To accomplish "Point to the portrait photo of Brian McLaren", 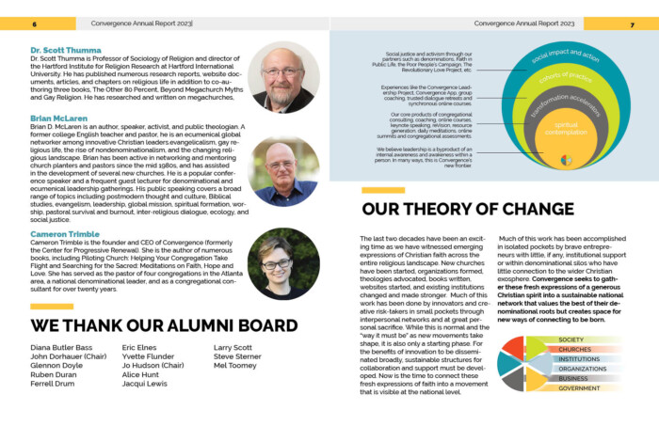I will pyautogui.click(x=284, y=171).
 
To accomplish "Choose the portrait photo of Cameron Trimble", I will pyautogui.click(x=284, y=262).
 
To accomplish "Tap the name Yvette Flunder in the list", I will pyautogui.click(x=148, y=357).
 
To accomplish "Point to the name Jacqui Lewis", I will pyautogui.click(x=144, y=385).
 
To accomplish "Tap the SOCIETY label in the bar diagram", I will pyautogui.click(x=571, y=339).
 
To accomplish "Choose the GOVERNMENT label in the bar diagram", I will pyautogui.click(x=580, y=388).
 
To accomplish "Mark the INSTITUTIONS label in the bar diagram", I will pyautogui.click(x=579, y=359).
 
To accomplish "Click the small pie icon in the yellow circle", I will pyautogui.click(x=566, y=160).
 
